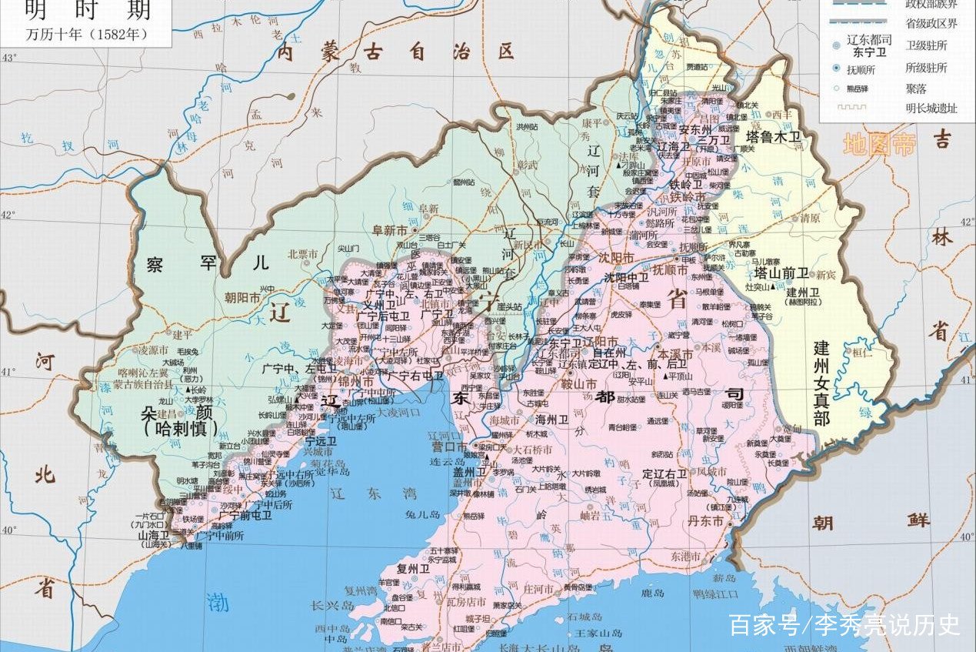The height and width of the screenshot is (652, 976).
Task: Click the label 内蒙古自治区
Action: (x=395, y=52)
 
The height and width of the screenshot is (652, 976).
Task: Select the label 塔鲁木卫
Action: (x=774, y=137)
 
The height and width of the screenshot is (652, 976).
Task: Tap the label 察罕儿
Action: (x=208, y=263)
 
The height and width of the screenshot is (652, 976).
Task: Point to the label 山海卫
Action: (x=153, y=534)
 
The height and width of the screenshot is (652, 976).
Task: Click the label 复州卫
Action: (x=412, y=569)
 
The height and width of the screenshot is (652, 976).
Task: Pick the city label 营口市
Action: (x=449, y=446)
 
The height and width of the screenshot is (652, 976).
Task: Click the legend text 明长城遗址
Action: (x=931, y=109)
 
